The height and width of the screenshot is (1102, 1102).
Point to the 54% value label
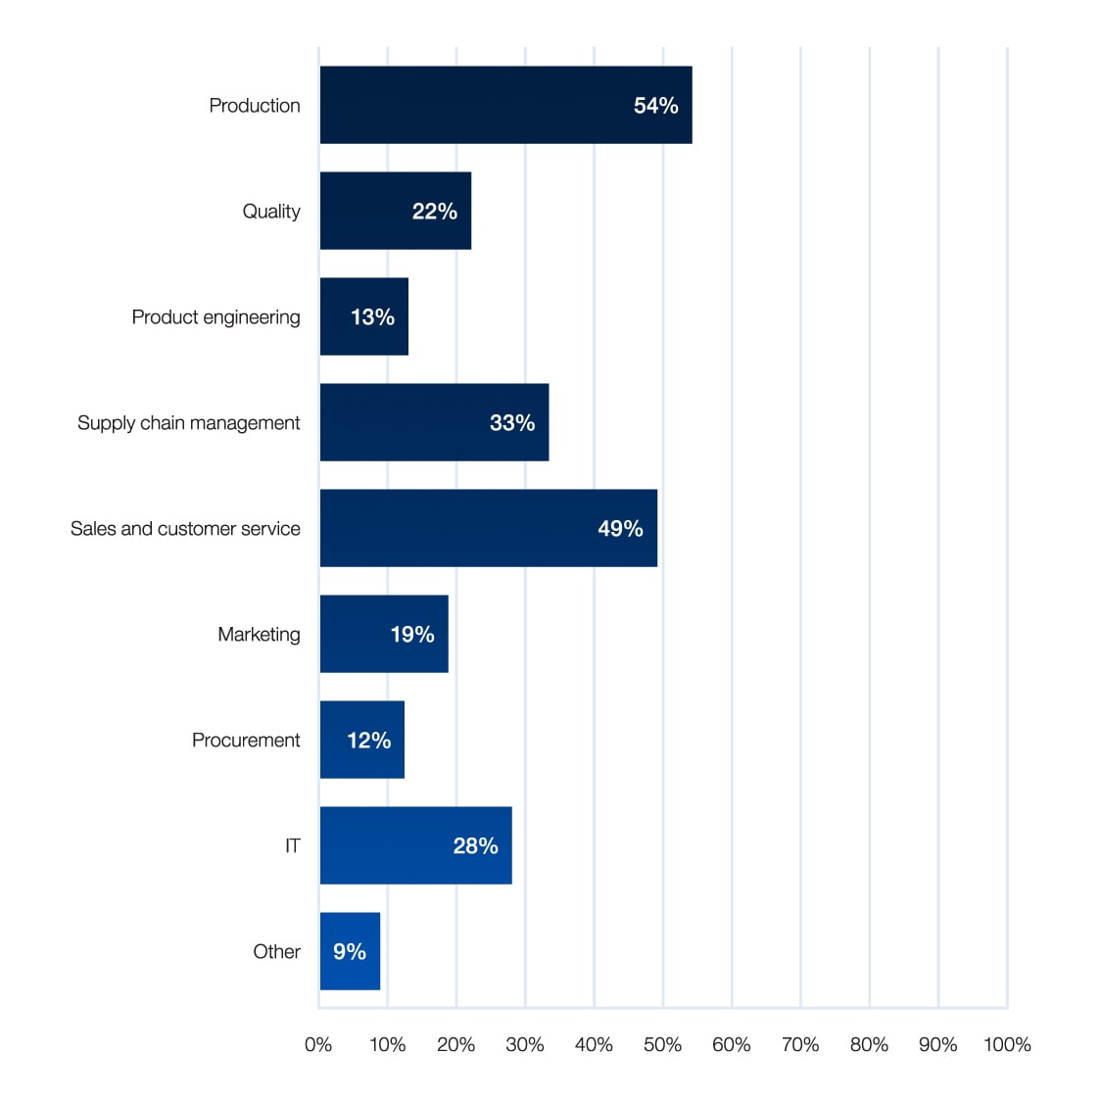[655, 105]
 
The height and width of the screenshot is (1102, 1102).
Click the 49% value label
[620, 528]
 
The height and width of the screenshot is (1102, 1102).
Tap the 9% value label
[350, 951]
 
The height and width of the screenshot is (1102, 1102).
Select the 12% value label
[368, 740]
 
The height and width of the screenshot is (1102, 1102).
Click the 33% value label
[511, 422]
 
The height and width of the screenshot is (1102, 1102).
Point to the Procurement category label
[246, 740]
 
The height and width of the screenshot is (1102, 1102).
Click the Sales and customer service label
[185, 528]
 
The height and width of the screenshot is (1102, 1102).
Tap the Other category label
[276, 951]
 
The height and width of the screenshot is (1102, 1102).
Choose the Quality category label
[271, 211]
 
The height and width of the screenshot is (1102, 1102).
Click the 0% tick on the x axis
[318, 1044]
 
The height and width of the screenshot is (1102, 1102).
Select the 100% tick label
[1007, 1044]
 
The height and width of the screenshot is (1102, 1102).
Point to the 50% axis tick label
[662, 1044]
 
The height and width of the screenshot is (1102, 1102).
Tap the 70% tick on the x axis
[800, 1044]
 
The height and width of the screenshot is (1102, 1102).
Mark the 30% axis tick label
[525, 1044]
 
